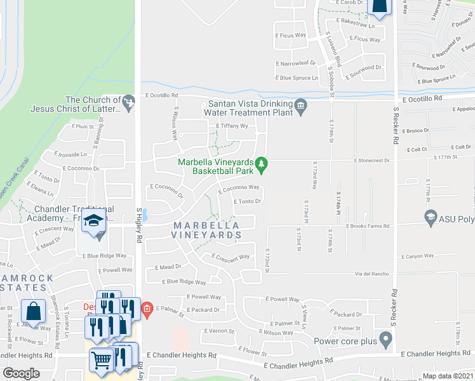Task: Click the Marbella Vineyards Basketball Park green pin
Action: click(260, 167)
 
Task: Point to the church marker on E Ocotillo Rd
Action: click(130, 100)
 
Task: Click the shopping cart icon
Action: click(101, 361)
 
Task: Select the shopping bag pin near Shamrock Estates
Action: click(33, 312)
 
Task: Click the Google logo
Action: click(22, 373)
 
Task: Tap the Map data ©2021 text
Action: click(448, 376)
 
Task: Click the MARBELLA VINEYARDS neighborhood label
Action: click(205, 230)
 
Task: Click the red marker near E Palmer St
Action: click(147, 309)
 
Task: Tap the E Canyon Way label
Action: click(417, 257)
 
